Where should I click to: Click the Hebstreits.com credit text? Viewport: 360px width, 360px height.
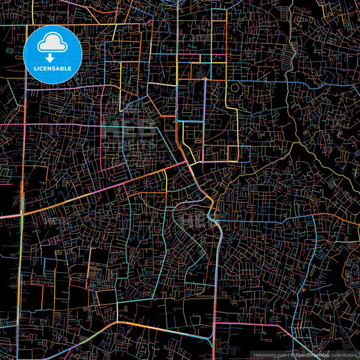click(269, 355)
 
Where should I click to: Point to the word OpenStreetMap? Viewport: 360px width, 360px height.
click(313, 355)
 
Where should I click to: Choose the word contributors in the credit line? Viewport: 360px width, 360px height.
click(344, 355)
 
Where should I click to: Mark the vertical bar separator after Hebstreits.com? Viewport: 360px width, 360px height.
click(288, 355)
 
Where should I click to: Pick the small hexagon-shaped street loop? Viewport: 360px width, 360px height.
click(236, 87)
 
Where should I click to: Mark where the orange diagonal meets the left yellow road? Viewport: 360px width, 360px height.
click(22, 213)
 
